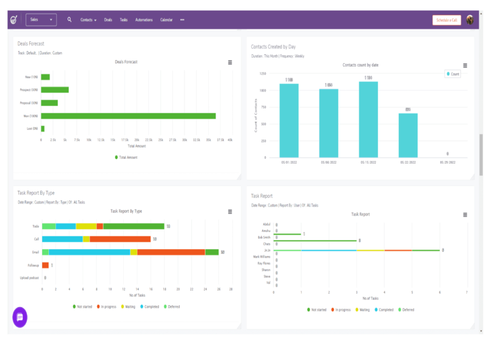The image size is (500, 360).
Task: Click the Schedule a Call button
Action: (x=446, y=20)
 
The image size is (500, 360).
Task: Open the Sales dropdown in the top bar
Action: (x=41, y=20)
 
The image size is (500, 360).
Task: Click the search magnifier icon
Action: (x=69, y=20)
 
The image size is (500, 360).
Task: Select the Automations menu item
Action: (x=144, y=20)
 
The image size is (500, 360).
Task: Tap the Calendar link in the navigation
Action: (x=167, y=20)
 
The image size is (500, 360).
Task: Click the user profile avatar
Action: (x=470, y=20)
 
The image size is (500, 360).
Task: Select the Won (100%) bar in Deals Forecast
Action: (x=128, y=116)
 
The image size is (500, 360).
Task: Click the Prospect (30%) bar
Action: (x=55, y=90)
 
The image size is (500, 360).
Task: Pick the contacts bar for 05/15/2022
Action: (x=368, y=119)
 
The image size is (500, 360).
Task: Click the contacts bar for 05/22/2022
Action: (x=408, y=135)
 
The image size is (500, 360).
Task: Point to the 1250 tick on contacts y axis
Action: (x=263, y=73)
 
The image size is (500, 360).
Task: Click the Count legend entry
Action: (x=453, y=74)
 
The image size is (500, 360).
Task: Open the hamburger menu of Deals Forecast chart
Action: (x=230, y=62)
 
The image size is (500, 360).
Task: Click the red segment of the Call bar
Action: (x=120, y=239)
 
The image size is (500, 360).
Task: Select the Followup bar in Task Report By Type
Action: (x=45, y=265)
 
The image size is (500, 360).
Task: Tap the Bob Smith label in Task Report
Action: (x=264, y=237)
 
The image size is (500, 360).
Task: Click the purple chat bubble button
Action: (x=20, y=317)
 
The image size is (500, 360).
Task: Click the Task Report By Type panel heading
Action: (x=36, y=193)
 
